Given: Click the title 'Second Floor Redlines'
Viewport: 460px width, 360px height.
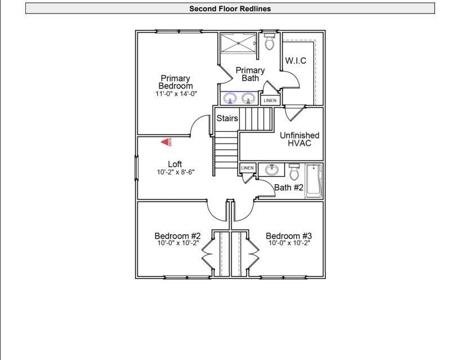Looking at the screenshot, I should (x=230, y=8).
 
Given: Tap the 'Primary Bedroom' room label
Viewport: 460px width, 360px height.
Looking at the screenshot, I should (x=175, y=82).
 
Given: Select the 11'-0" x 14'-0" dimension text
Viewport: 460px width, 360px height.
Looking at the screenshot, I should (x=176, y=94).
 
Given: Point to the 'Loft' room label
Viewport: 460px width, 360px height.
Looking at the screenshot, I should (x=175, y=165).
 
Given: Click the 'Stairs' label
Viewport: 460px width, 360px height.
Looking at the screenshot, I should (x=227, y=119).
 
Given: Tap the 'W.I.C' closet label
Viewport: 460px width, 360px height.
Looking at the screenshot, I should (x=296, y=61).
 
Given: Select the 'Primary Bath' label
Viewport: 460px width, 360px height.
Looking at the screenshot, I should (x=250, y=74).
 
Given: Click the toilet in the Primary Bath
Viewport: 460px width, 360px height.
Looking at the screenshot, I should (x=269, y=42).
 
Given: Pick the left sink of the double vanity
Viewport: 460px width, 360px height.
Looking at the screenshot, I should (x=230, y=99).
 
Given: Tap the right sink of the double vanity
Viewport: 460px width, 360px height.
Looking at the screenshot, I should (x=248, y=99).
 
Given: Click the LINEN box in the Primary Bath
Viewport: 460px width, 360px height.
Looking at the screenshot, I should (x=270, y=100).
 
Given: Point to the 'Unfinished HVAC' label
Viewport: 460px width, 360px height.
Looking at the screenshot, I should (x=300, y=139).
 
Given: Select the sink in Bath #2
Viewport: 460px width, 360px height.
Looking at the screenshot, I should (x=273, y=170).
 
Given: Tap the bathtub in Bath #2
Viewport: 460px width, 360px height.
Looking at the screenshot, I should (x=314, y=181).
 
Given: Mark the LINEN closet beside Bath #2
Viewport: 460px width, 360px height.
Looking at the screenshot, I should (x=247, y=168).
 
